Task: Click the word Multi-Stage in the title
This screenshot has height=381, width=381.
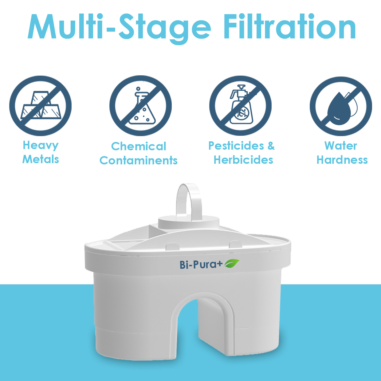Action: click(119, 28)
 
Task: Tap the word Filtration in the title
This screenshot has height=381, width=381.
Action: click(290, 26)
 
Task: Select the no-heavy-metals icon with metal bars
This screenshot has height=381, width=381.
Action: click(40, 106)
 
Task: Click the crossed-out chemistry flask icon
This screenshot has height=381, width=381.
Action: click(141, 106)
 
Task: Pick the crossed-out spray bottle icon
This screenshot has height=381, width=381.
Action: click(240, 106)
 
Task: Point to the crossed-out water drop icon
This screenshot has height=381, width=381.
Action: click(341, 106)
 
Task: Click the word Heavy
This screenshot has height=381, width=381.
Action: click(41, 146)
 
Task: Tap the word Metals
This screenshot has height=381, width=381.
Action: click(41, 159)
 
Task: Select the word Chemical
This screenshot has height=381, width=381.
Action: click(139, 147)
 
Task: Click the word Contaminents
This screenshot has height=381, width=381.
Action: click(138, 160)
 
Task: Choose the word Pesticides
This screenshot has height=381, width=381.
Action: click(236, 146)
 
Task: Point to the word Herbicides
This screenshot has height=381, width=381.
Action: click(243, 160)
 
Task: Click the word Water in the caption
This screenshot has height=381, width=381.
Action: click(341, 146)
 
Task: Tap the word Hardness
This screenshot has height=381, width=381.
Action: click(342, 160)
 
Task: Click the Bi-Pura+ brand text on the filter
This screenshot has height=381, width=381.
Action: click(201, 265)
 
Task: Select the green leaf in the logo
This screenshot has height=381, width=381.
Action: click(232, 264)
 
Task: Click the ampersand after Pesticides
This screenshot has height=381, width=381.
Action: click(271, 146)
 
